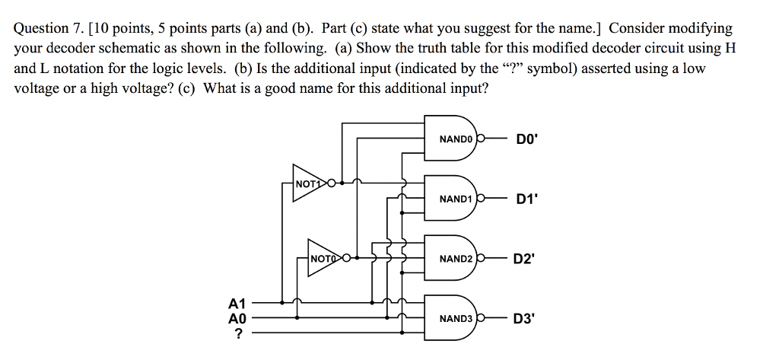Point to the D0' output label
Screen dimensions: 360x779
(526, 139)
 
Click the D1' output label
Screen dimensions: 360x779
(526, 199)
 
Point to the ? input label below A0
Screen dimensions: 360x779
(240, 333)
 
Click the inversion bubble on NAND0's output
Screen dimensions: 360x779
(481, 139)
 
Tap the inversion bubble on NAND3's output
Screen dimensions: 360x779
(481, 317)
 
